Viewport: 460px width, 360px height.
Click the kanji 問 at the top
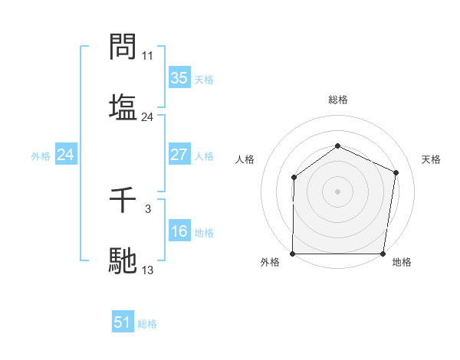point(123,47)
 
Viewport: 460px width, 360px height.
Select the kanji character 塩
point(123,106)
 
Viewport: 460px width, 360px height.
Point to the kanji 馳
point(123,260)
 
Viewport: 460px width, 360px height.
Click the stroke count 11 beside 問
point(148,56)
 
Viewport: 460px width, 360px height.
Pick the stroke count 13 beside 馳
point(148,270)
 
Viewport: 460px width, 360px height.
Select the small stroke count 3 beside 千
point(148,208)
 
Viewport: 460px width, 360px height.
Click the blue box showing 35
point(179,78)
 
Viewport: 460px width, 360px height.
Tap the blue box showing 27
point(179,155)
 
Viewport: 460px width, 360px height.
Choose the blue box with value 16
point(179,232)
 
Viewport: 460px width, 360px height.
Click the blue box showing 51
point(123,322)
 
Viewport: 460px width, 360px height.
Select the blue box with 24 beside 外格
point(66,155)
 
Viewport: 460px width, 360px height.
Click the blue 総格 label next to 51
point(147,324)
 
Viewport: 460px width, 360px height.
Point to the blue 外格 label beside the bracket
point(41,155)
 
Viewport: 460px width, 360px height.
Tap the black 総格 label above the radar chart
point(338,100)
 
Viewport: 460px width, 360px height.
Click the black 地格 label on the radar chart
point(402,262)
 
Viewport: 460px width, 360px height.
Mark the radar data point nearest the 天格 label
point(396,172)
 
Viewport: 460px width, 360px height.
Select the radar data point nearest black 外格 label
point(293,254)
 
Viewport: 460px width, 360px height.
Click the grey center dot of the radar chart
point(337,191)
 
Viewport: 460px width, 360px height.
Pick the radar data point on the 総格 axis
point(337,146)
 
